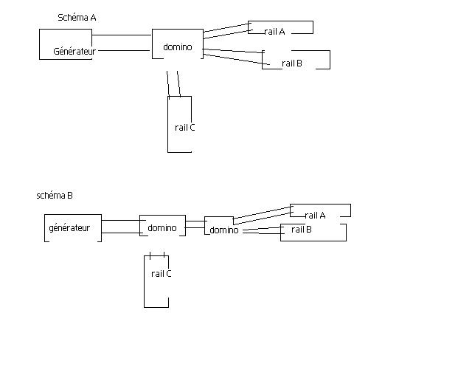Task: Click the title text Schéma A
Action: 77,17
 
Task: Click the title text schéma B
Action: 55,196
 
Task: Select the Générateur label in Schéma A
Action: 74,52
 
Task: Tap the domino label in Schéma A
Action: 178,47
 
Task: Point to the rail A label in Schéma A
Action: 274,32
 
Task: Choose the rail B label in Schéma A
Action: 292,63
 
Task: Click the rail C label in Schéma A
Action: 185,128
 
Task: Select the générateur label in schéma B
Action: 69,228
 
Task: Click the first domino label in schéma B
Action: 162,228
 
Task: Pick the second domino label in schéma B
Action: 224,230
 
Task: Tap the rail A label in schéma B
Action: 315,216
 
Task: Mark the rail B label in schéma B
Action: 302,230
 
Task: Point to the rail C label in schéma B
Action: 162,274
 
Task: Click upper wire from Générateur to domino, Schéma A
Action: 122,35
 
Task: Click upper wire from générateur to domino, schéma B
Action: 120,221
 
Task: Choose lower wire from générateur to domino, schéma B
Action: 120,233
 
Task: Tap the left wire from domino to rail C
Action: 169,83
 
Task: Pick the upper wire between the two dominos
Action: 195,221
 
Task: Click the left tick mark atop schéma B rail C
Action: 150,255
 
